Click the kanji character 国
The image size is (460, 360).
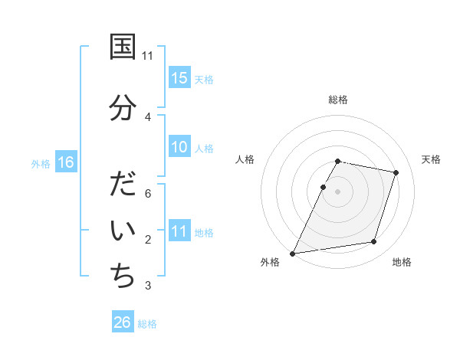(x=123, y=47)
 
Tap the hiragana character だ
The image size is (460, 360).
(x=123, y=185)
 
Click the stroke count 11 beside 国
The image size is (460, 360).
(x=148, y=56)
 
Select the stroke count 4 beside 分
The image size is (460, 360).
(x=148, y=116)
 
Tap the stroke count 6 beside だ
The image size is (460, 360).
(x=148, y=194)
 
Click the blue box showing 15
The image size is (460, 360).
(x=179, y=78)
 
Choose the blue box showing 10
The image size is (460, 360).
(x=179, y=148)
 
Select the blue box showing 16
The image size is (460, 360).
(x=66, y=162)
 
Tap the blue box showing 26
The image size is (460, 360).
(x=123, y=322)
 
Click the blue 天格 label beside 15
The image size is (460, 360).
(x=203, y=80)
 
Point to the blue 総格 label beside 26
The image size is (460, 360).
(x=147, y=324)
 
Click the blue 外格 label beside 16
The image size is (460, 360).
(x=40, y=164)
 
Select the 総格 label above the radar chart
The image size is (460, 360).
(x=338, y=100)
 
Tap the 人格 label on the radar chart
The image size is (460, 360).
(x=245, y=159)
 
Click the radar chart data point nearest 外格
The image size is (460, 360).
(x=293, y=253)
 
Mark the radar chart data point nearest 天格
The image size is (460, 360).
(x=396, y=172)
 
